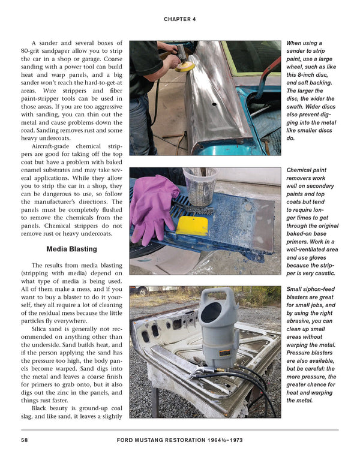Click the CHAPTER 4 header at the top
point(179,19)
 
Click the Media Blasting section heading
point(71,249)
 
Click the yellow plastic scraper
point(192,226)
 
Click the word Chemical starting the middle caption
point(302,171)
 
